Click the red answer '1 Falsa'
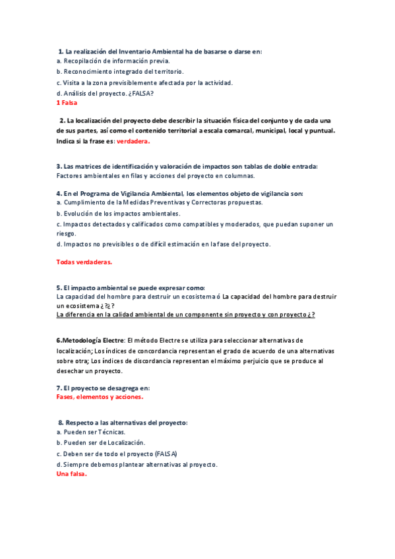(67, 103)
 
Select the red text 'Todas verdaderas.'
(84, 262)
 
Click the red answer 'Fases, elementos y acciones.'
(100, 397)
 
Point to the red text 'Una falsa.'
(72, 474)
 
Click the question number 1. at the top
(60, 51)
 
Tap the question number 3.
(59, 166)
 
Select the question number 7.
(59, 387)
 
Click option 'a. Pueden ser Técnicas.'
(91, 432)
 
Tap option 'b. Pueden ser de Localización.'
(101, 442)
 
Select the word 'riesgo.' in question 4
(67, 233)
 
